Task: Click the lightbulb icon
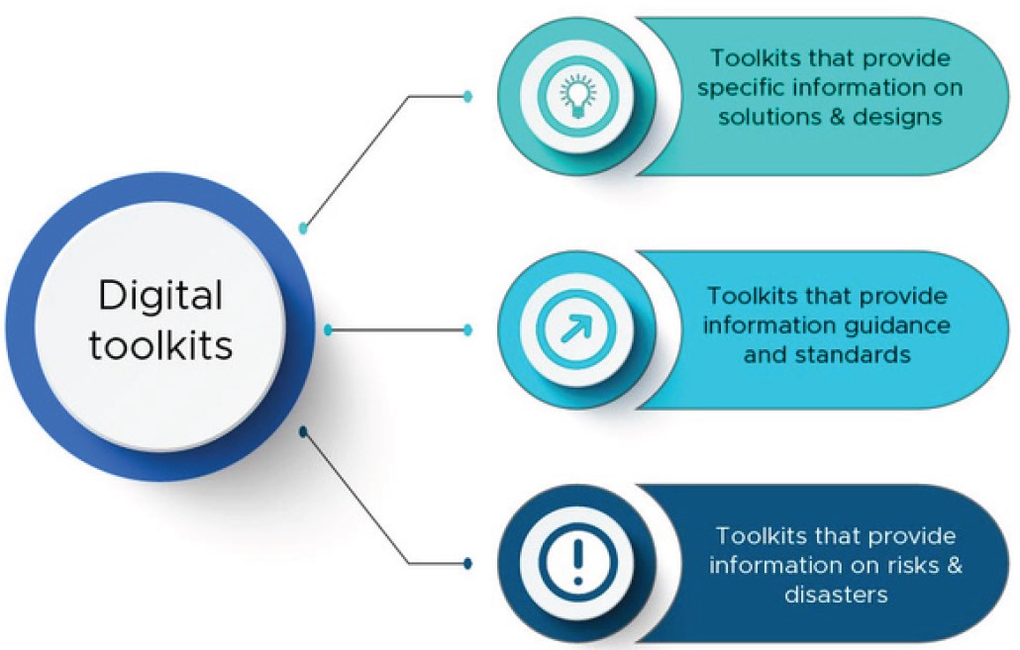click(x=575, y=95)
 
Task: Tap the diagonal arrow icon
click(x=575, y=328)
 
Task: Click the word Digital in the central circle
click(x=160, y=295)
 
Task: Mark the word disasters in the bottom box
click(x=836, y=594)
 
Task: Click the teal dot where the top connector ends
click(x=468, y=96)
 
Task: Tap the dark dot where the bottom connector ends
click(x=468, y=564)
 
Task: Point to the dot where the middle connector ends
click(x=468, y=328)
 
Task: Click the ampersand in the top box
click(x=830, y=116)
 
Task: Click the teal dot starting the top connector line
click(x=304, y=228)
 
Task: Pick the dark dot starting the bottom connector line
click(x=304, y=431)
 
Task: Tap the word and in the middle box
click(x=764, y=353)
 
